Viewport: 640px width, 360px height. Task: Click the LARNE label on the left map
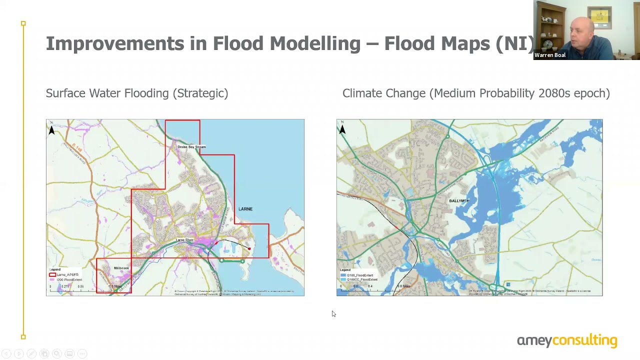[x=245, y=209]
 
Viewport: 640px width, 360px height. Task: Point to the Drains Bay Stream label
[x=191, y=147]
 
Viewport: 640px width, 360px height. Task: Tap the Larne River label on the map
[x=184, y=240]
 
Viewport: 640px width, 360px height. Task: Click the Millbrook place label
[x=121, y=268]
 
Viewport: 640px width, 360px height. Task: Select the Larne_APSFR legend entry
[x=67, y=275]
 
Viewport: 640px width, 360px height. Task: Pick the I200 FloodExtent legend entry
[x=68, y=279]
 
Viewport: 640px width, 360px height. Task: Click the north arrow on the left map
[x=51, y=129]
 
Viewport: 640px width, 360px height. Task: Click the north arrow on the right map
[x=342, y=129]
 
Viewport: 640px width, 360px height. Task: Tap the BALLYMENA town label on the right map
[x=459, y=201]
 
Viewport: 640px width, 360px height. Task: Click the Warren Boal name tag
[x=550, y=55]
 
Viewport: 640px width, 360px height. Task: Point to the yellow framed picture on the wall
[x=599, y=17]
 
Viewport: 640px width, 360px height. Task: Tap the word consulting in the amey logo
[x=584, y=341]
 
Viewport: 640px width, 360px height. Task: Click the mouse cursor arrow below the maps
[x=333, y=313]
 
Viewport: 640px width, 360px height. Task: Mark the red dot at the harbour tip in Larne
[x=249, y=248]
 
